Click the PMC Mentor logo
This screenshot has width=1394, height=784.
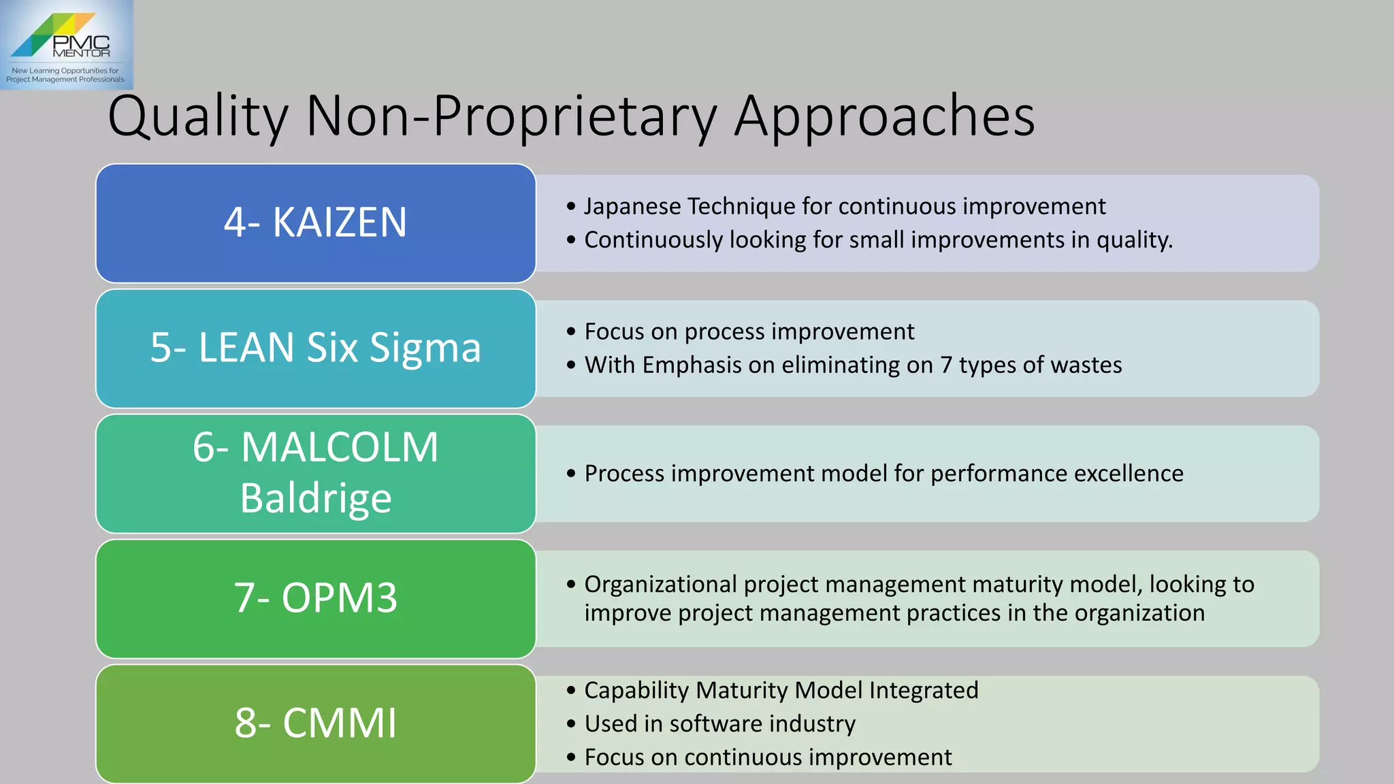[x=66, y=45]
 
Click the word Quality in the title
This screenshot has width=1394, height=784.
[x=198, y=117]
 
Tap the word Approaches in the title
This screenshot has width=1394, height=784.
[x=884, y=117]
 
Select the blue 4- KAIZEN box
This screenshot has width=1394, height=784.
[x=316, y=223]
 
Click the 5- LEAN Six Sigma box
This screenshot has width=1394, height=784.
[x=316, y=348]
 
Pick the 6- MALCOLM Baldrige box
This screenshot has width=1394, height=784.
[x=316, y=474]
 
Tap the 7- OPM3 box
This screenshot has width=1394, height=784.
[x=316, y=599]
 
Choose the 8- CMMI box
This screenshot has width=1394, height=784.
[x=316, y=723]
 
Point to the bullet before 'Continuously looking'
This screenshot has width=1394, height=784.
[x=571, y=240]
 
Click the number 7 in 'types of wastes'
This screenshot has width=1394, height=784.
[x=946, y=365]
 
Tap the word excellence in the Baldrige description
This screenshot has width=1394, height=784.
[x=1129, y=474]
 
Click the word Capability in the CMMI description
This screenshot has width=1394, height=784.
[x=636, y=691]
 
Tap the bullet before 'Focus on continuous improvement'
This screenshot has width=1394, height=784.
[x=571, y=757]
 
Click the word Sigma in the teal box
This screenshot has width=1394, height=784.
[x=425, y=348]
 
